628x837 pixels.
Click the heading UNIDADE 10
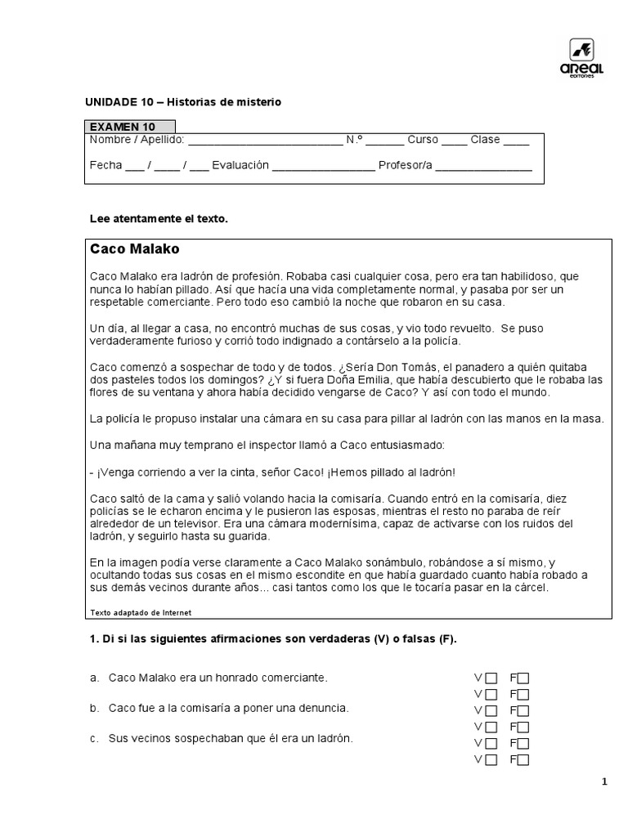point(119,102)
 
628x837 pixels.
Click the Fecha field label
point(105,165)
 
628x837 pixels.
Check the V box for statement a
point(491,678)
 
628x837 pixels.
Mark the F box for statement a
point(523,678)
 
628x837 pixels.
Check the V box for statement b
point(491,710)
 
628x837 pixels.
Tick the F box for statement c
point(523,743)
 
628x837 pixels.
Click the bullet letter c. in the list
point(95,739)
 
